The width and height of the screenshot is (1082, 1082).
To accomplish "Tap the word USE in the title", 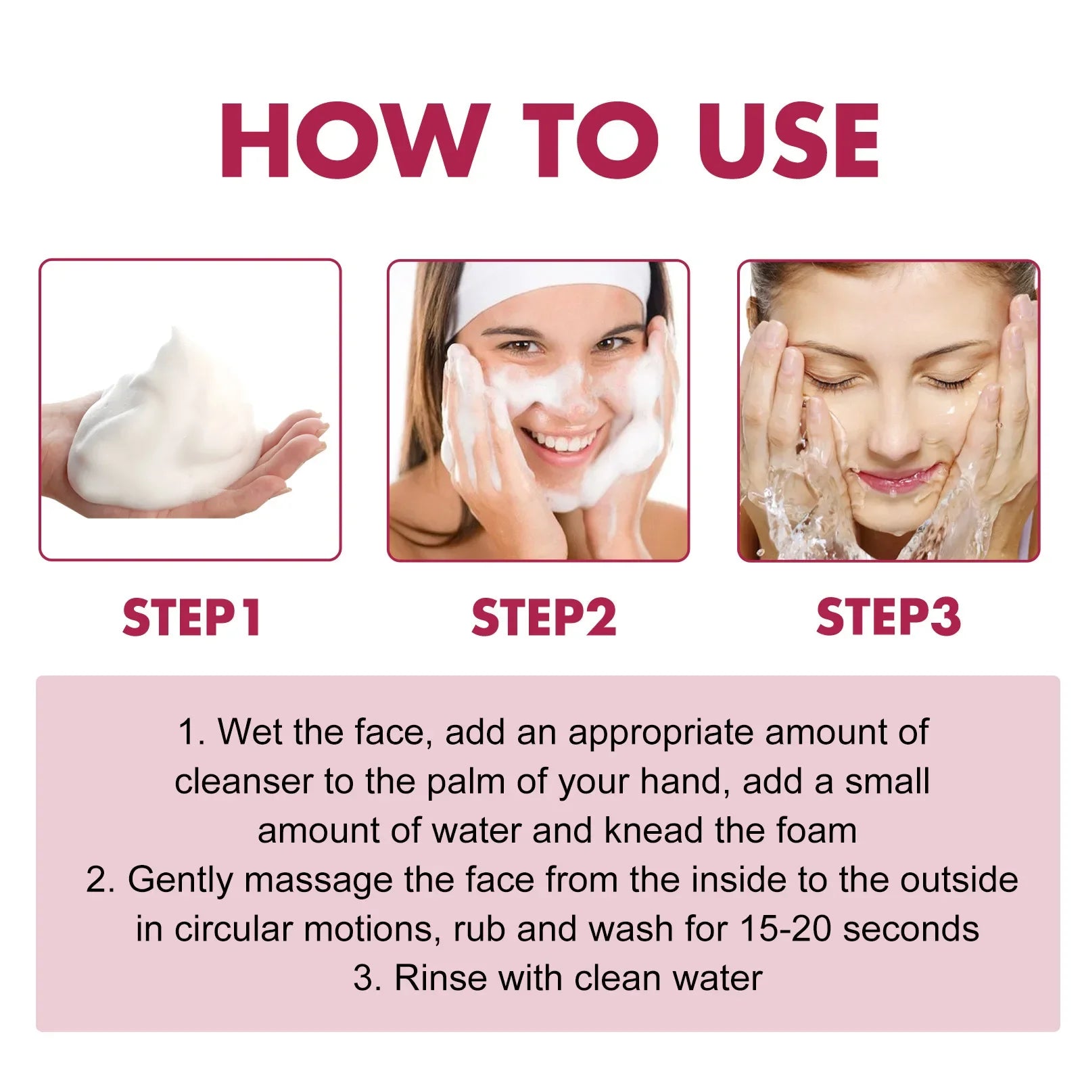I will click(789, 141).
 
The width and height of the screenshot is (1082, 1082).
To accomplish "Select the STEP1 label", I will click(191, 617).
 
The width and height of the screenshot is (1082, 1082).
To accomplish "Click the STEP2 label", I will click(544, 617).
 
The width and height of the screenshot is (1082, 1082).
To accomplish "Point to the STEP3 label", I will click(888, 617).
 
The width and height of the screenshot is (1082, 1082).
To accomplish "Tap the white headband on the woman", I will click(551, 287).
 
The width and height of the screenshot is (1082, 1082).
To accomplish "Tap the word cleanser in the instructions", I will click(243, 782).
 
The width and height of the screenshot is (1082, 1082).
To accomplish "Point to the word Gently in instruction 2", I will click(179, 880).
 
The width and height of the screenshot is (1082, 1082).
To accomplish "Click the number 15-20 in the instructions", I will click(784, 929).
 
